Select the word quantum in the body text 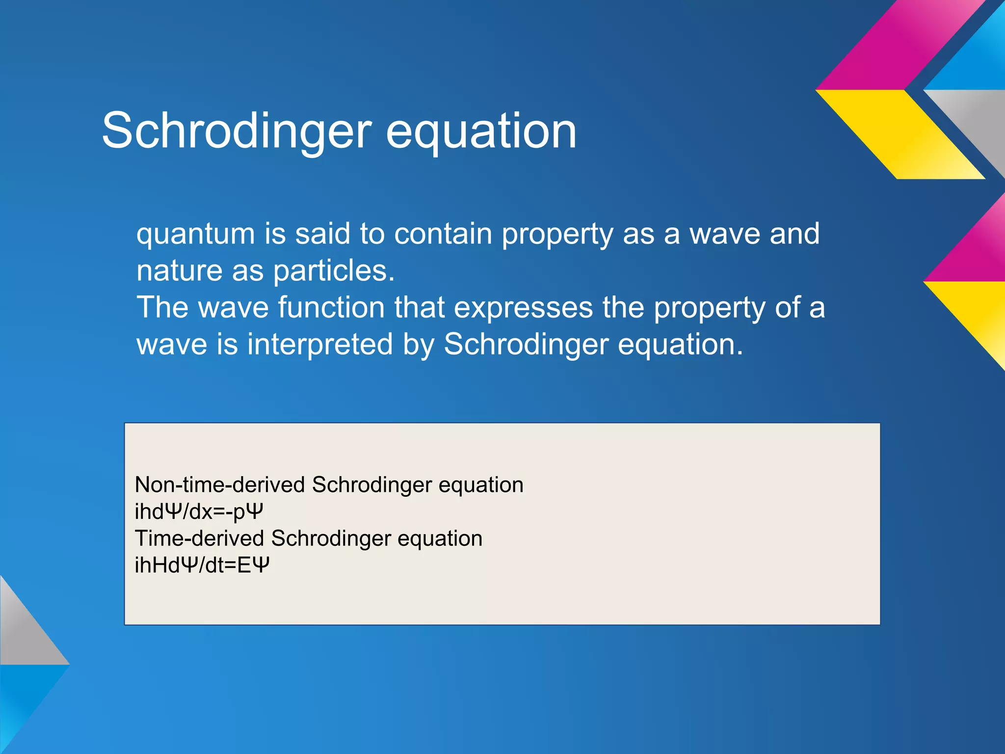[195, 234]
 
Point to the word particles [334, 271]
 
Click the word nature [180, 271]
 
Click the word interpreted [320, 345]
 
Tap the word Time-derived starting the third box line [199, 539]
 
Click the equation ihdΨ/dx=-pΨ [199, 512]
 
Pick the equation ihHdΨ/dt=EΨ [202, 565]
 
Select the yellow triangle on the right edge [977, 314]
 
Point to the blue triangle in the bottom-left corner [22, 697]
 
